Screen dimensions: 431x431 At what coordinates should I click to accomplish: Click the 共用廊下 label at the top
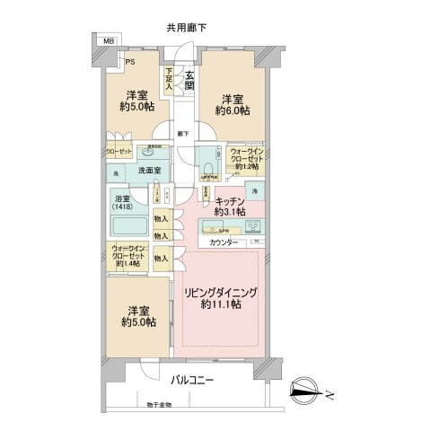(x=187, y=28)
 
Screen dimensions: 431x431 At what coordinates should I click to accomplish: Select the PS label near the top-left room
(x=129, y=62)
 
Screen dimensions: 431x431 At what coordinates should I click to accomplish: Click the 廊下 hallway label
(x=182, y=134)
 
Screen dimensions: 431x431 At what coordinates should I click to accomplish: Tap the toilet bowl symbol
(x=209, y=167)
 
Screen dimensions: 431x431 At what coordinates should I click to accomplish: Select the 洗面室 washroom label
(x=149, y=171)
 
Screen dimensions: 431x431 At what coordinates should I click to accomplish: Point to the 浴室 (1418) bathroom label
(x=123, y=202)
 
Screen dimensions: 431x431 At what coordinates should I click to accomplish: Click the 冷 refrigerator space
(x=254, y=190)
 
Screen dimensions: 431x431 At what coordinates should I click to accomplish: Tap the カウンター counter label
(x=224, y=243)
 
